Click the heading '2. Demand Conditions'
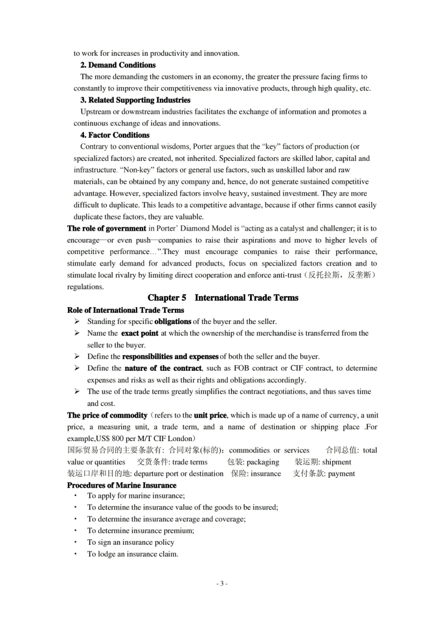(118, 65)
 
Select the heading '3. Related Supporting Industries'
(135, 100)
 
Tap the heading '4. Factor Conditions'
(115, 135)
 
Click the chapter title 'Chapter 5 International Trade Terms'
(222, 298)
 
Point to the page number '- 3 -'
(222, 584)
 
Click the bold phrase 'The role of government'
(106, 229)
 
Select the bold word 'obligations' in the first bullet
(172, 322)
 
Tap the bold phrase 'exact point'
(140, 333)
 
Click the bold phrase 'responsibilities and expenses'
(170, 357)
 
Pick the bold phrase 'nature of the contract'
(163, 368)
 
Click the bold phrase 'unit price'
(210, 415)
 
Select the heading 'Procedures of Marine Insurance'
(121, 485)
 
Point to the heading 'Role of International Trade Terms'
(125, 310)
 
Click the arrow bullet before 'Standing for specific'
(77, 322)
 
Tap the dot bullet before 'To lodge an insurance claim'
(75, 554)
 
